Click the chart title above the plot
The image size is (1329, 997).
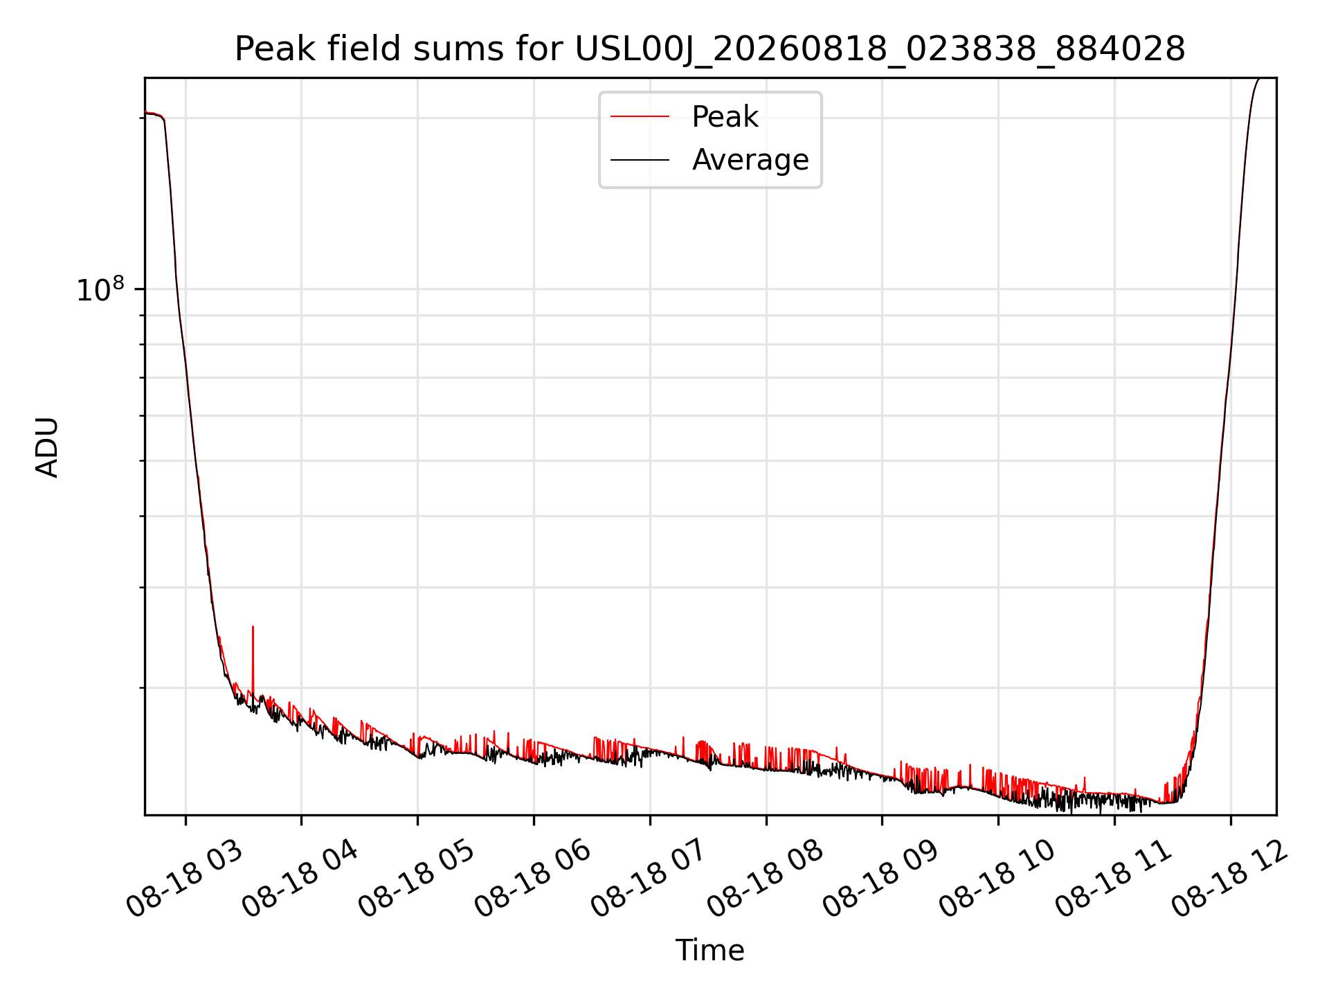pyautogui.click(x=710, y=49)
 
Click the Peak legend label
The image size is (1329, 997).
pyautogui.click(x=725, y=117)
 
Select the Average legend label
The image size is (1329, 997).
pyautogui.click(x=750, y=160)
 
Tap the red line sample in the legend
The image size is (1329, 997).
pyautogui.click(x=640, y=117)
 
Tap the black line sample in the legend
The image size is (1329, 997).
pyautogui.click(x=640, y=160)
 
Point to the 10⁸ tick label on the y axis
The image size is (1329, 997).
pyautogui.click(x=100, y=289)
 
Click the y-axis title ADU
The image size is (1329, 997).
pyautogui.click(x=47, y=447)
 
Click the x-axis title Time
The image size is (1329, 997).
pyautogui.click(x=710, y=951)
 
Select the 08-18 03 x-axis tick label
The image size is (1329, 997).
pyautogui.click(x=186, y=878)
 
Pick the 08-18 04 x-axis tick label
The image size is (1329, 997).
pyautogui.click(x=301, y=878)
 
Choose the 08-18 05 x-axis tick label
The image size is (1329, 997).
pyautogui.click(x=417, y=878)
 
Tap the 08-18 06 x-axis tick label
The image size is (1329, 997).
pyautogui.click(x=534, y=878)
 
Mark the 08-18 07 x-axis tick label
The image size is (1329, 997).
pyautogui.click(x=649, y=878)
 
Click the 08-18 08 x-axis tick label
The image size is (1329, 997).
pyautogui.click(x=766, y=878)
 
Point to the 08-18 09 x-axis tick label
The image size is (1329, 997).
pyautogui.click(x=882, y=878)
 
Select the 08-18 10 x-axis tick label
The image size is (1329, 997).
pyautogui.click(x=997, y=878)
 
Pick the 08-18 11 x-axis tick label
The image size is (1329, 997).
pyautogui.click(x=1114, y=878)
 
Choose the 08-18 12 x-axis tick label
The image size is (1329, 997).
pyautogui.click(x=1230, y=878)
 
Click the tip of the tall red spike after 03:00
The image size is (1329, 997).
pyautogui.click(x=253, y=627)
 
